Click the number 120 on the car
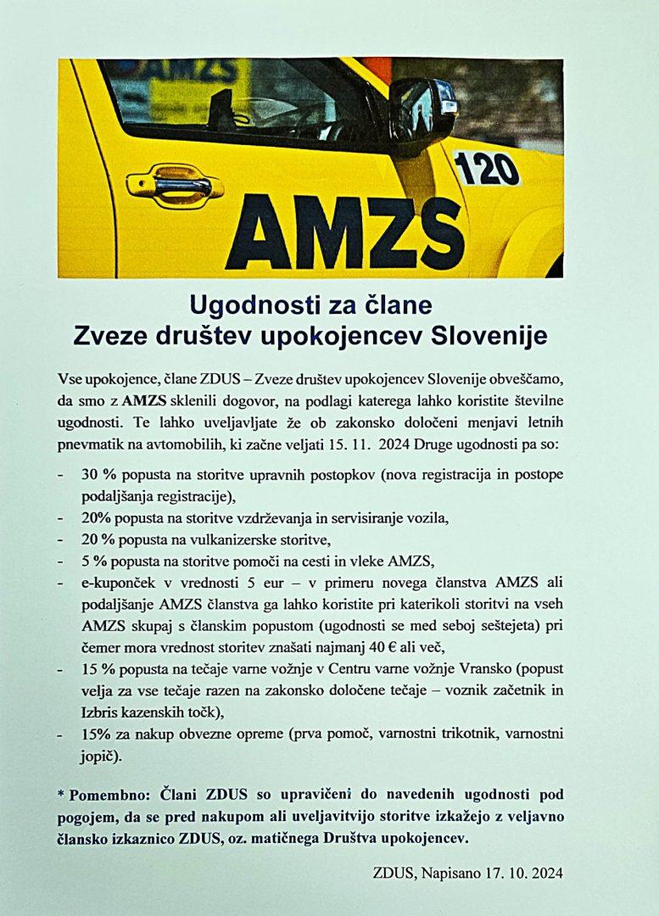(487, 168)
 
